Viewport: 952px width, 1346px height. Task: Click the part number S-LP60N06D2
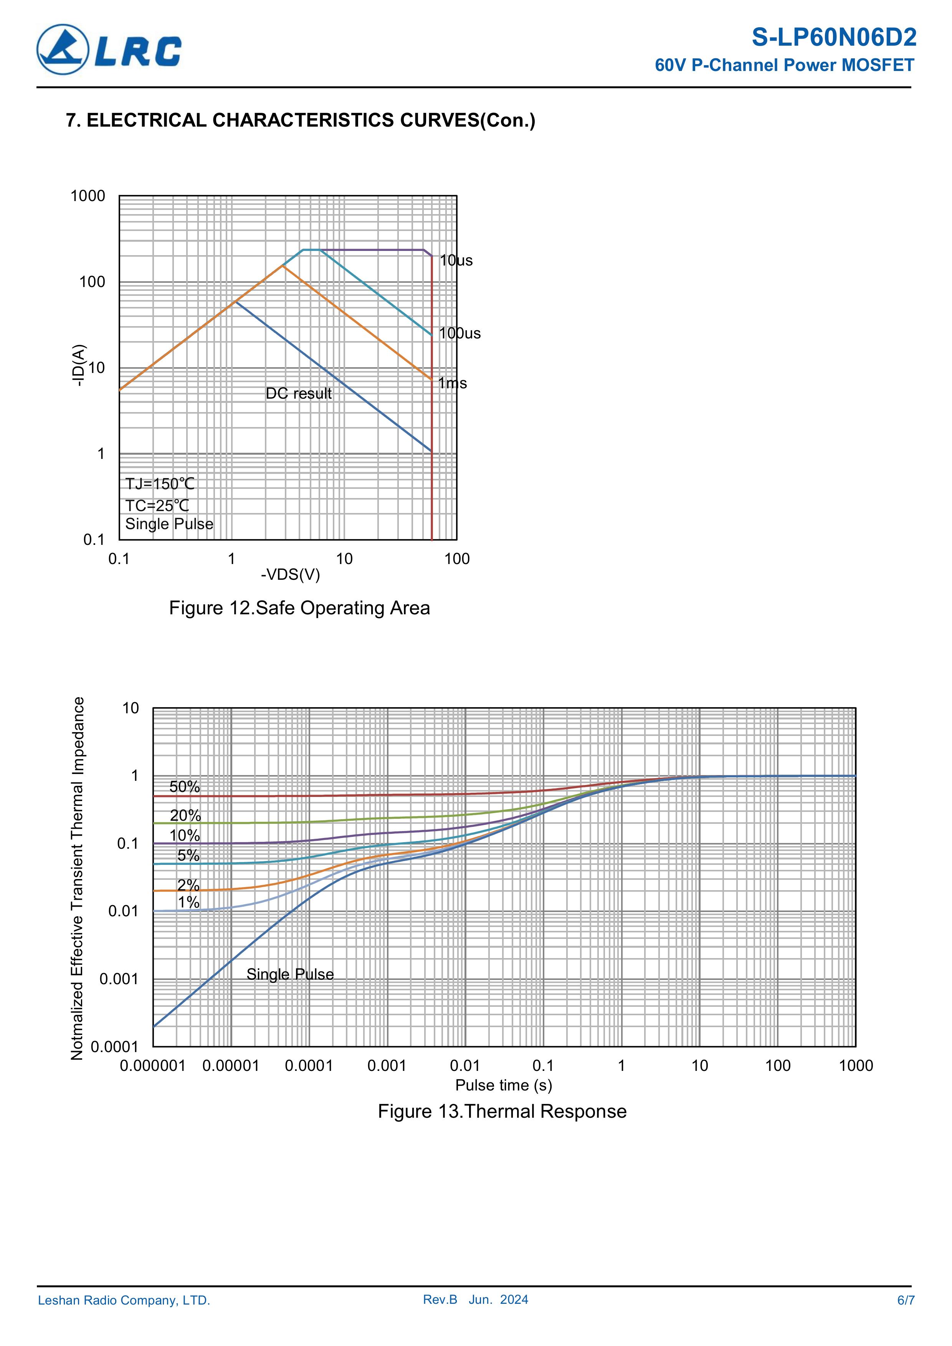click(x=833, y=38)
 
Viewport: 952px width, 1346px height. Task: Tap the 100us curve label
click(x=460, y=333)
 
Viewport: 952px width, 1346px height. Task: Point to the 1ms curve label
click(x=453, y=383)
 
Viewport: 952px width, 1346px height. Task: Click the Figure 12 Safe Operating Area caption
click(x=299, y=608)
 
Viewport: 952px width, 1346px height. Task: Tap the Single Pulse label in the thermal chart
click(x=290, y=974)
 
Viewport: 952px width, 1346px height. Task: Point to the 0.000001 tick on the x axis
click(x=152, y=1066)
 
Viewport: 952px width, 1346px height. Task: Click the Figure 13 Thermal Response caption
click(x=502, y=1112)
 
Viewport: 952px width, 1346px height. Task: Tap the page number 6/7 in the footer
click(x=906, y=1300)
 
